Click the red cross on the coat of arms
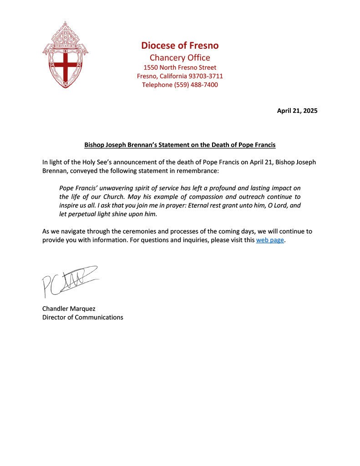(x=64, y=66)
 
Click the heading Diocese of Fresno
(x=180, y=46)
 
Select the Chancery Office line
(x=180, y=58)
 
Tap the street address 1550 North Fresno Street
(x=180, y=67)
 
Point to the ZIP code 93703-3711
(x=206, y=76)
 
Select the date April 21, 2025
(x=297, y=111)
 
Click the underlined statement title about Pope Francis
(x=180, y=145)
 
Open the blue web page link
(x=270, y=240)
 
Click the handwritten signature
(x=68, y=279)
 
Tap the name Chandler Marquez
(x=69, y=309)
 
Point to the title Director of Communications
(x=82, y=317)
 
